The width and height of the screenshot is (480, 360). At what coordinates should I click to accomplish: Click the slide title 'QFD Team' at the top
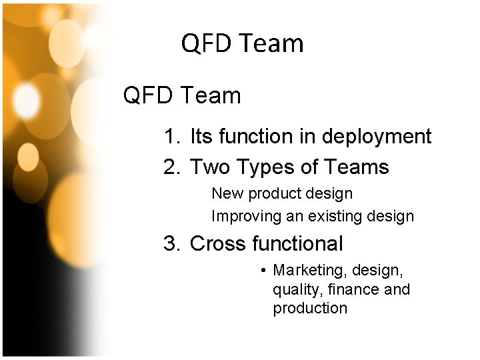tap(242, 44)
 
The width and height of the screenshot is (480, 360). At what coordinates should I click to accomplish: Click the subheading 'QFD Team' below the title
tap(182, 96)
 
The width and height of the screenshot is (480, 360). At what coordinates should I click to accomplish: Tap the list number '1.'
tap(172, 137)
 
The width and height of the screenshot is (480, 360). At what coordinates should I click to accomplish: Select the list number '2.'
tap(172, 167)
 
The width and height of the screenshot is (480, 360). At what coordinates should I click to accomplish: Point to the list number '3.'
tap(172, 244)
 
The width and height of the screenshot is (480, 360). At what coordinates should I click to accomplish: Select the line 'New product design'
tap(281, 194)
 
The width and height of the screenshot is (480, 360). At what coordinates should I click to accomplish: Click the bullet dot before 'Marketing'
tap(264, 271)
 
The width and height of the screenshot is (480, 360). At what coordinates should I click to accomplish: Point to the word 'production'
tap(310, 309)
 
